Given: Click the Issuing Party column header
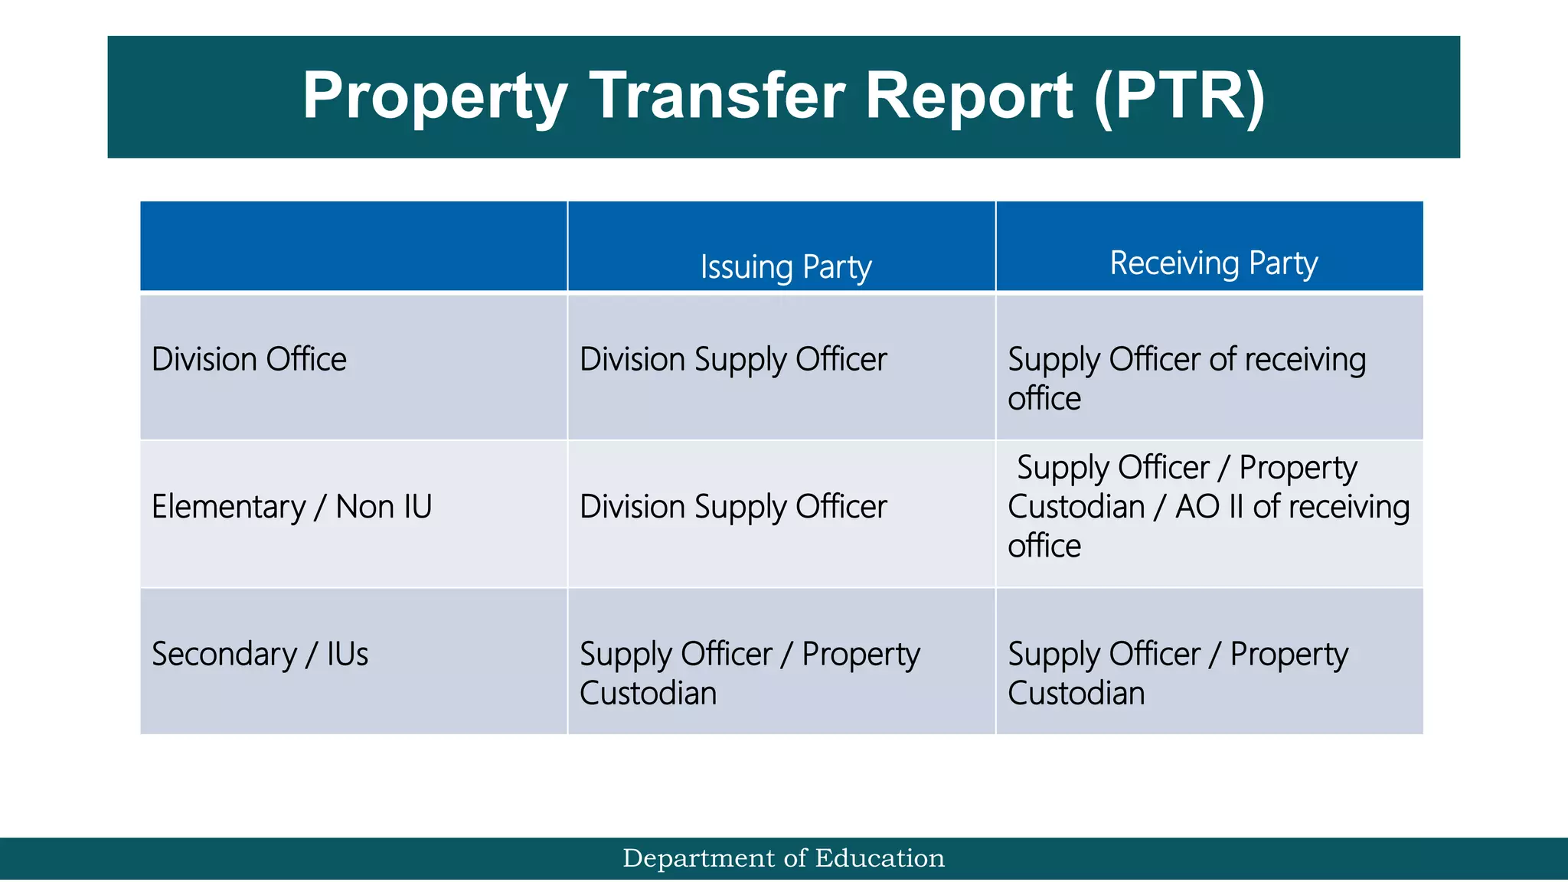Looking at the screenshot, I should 786,267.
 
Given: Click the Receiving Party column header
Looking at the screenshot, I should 1214,263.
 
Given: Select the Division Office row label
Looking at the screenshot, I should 249,359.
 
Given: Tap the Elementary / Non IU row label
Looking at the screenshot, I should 292,507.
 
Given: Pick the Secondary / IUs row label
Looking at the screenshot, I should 260,655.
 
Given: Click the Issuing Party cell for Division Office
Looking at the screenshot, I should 733,360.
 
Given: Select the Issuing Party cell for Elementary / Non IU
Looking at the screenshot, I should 733,507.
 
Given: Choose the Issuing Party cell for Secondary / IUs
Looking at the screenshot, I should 749,673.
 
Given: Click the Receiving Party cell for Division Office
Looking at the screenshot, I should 1186,378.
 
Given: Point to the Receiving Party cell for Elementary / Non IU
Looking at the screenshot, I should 1207,507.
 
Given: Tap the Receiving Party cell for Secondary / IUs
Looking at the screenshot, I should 1178,673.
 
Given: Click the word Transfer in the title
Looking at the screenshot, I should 718,96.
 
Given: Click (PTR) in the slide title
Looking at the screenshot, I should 1179,96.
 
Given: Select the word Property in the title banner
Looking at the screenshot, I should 435,97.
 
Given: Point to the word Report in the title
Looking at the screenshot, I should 969,97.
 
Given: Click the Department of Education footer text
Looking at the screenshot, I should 784,858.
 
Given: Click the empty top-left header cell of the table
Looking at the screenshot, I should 353,246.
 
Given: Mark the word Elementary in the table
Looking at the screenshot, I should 228,507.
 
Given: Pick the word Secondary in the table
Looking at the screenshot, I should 224,655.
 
